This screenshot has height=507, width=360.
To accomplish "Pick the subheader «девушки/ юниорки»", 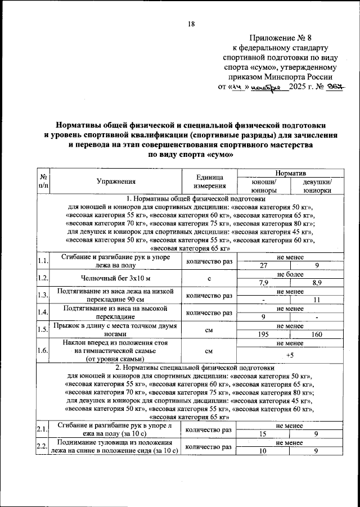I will click(317, 185).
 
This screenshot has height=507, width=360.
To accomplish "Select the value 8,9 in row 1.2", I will click(317, 283).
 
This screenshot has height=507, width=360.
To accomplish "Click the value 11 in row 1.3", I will click(317, 300).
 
